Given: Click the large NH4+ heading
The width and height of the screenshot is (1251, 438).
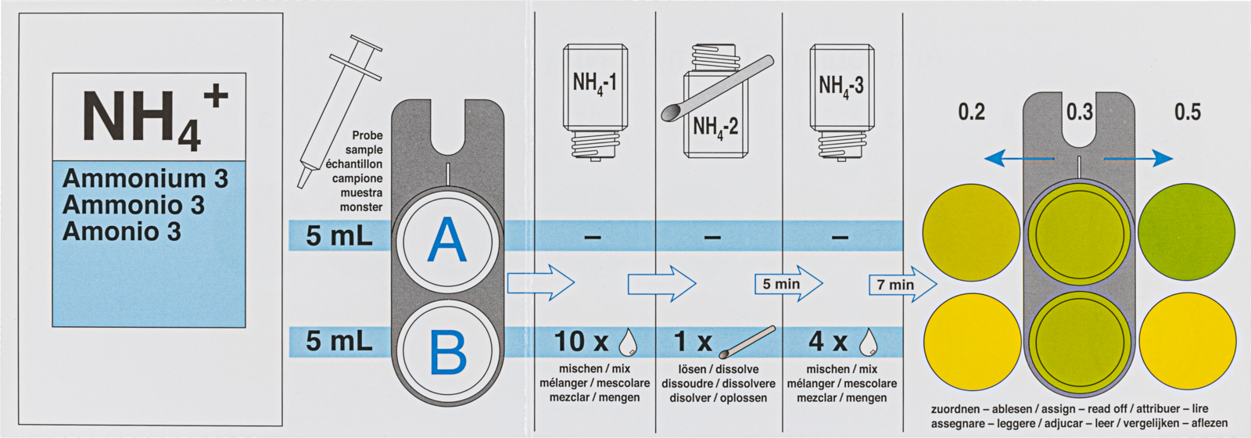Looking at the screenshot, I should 153,117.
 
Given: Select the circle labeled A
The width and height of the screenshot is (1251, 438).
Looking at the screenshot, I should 447,239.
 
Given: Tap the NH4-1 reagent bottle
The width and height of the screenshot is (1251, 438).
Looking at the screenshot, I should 594,98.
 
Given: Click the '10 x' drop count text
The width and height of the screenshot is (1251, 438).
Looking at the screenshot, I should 581,342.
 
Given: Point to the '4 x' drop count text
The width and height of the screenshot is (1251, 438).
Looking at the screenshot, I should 828,342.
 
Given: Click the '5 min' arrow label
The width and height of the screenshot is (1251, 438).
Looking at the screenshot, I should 782,284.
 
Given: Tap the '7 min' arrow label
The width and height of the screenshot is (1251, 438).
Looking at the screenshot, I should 896,285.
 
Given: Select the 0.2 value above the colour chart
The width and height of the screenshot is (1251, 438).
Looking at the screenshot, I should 971,112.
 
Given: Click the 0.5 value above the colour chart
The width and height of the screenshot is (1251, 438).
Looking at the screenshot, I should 1187,112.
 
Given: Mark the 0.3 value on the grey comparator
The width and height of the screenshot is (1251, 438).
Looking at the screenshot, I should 1079,112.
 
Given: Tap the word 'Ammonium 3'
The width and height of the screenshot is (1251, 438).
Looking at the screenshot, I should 145,179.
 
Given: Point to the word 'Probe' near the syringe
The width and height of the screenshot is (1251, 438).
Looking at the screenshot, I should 367,135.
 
